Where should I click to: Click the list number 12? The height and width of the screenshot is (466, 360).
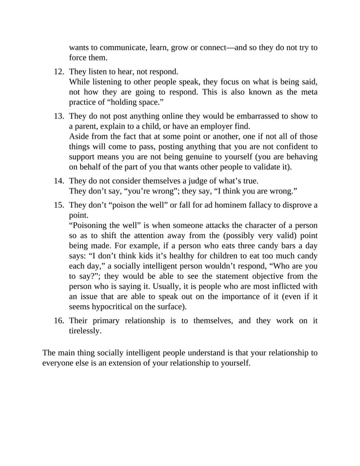59,72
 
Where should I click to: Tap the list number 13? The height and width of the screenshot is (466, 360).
59,116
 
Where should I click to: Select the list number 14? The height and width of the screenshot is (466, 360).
59,181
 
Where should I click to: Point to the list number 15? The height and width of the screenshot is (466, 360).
59,205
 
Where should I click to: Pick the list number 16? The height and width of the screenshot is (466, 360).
59,321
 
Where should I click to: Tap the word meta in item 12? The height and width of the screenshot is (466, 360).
308,92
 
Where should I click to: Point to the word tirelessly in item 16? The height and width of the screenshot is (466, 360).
86,331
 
